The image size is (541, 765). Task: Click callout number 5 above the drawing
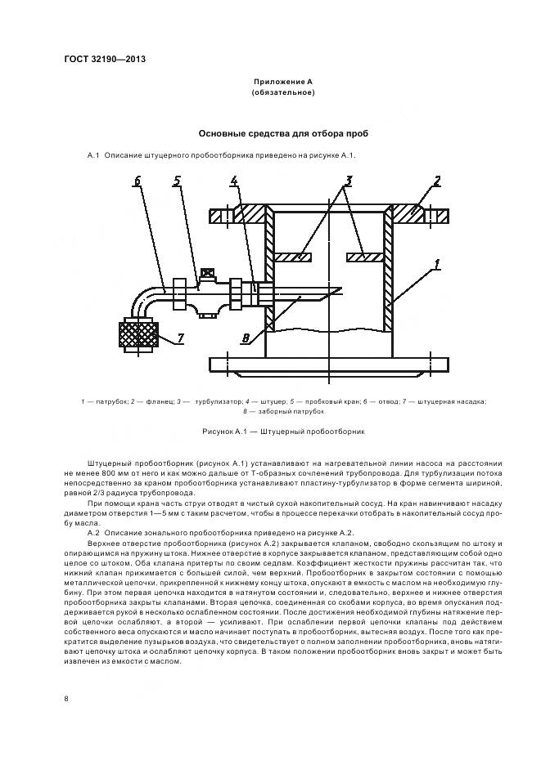[x=176, y=181]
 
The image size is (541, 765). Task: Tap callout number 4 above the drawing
[x=234, y=181]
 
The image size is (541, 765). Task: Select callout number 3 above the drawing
[x=348, y=181]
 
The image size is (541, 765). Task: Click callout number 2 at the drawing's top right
[x=438, y=181]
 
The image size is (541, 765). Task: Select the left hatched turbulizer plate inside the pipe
[x=293, y=257]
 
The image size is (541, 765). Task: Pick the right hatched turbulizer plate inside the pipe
[x=366, y=257]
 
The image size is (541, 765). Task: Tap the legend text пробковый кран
[x=329, y=400]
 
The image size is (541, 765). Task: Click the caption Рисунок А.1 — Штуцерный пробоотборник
[x=282, y=430]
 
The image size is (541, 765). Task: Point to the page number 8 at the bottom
[x=65, y=698]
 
